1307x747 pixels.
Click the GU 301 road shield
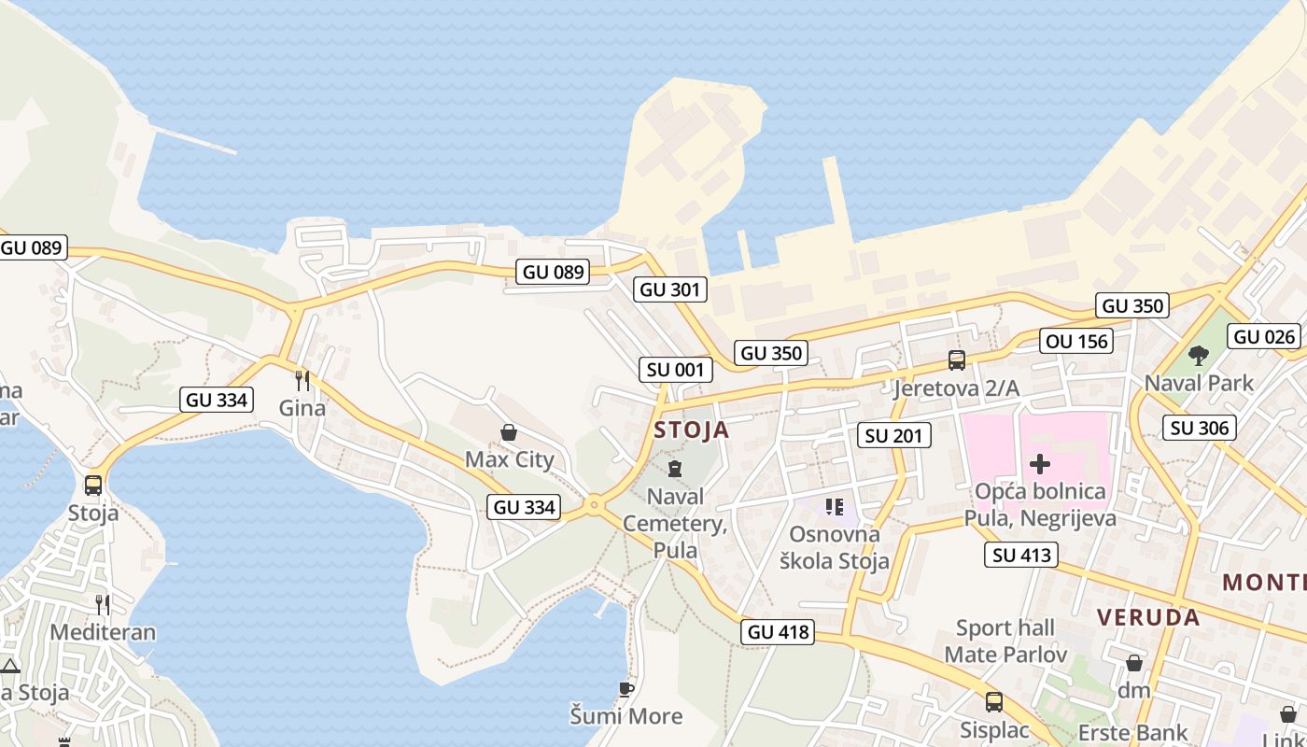click(x=669, y=289)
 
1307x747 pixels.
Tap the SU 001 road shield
click(x=675, y=370)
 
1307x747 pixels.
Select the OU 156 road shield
click(x=1078, y=342)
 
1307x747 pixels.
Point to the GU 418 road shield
click(x=779, y=632)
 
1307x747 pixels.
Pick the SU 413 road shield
click(x=1021, y=555)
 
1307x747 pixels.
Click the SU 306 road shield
click(x=1201, y=428)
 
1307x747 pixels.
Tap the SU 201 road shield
click(x=893, y=435)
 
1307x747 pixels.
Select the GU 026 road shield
click(x=1265, y=337)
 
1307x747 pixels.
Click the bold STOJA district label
click(x=691, y=430)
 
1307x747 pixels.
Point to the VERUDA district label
click(x=1148, y=617)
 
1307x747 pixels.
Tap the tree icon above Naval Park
click(x=1199, y=356)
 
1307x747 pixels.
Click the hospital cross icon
click(x=1039, y=464)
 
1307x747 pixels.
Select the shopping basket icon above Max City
click(x=509, y=432)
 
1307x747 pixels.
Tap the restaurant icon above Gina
click(x=302, y=381)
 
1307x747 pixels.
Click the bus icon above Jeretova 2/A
click(x=956, y=360)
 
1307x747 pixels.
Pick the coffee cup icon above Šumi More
click(x=626, y=690)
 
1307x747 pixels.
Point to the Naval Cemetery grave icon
click(x=674, y=469)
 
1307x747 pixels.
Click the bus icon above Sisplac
click(x=994, y=702)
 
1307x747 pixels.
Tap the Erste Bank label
click(x=1132, y=732)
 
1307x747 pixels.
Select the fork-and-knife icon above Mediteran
click(x=103, y=605)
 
